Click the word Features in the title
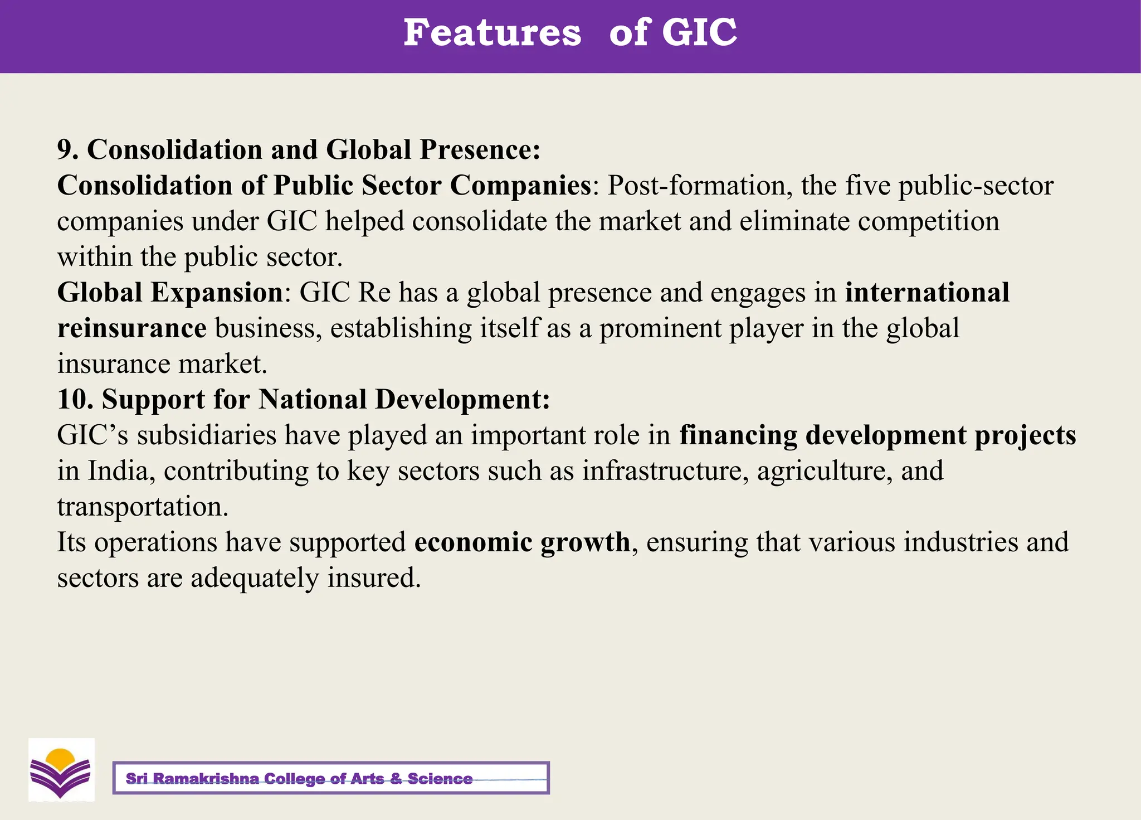pos(492,32)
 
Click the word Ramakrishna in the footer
pos(205,778)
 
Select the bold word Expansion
pos(217,292)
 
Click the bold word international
pos(927,292)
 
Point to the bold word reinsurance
pos(132,328)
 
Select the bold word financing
pos(738,435)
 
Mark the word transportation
pos(143,506)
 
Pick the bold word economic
pos(474,542)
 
